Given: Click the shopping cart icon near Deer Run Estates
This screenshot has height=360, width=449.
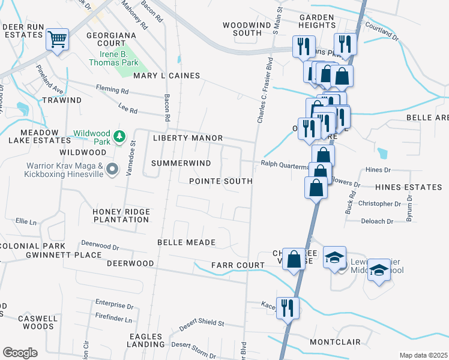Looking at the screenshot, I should pyautogui.click(x=58, y=40).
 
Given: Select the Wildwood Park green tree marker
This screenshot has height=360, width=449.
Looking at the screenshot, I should pyautogui.click(x=120, y=137).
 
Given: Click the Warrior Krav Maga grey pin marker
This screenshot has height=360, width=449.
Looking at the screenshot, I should pyautogui.click(x=112, y=170).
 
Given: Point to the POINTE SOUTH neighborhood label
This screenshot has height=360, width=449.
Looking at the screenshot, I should pyautogui.click(x=220, y=181).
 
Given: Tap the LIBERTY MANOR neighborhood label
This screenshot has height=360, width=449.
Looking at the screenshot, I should pyautogui.click(x=188, y=138).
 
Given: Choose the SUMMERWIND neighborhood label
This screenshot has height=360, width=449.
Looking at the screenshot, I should pyautogui.click(x=181, y=163).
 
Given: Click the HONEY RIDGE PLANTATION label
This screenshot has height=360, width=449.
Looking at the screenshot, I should pyautogui.click(x=121, y=215).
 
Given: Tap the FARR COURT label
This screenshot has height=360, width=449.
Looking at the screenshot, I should pyautogui.click(x=238, y=265).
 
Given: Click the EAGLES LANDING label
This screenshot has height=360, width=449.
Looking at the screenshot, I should pyautogui.click(x=146, y=340).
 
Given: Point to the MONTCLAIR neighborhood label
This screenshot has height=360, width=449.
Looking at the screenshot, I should pyautogui.click(x=335, y=342).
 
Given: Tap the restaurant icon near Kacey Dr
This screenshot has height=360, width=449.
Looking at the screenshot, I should pyautogui.click(x=288, y=308).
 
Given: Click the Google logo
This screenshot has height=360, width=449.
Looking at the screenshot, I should pyautogui.click(x=20, y=353).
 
